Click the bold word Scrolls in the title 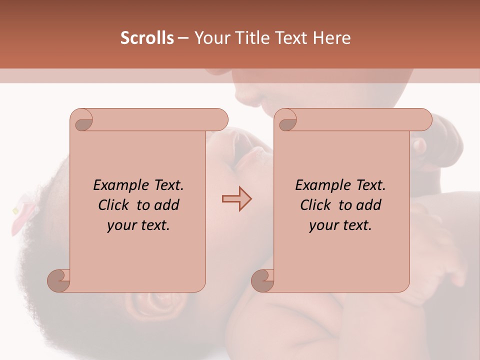147,38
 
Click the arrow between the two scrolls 237,199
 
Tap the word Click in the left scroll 114,205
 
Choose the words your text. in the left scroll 138,225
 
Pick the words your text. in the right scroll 340,225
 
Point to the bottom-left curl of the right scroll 262,280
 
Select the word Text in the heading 291,38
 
